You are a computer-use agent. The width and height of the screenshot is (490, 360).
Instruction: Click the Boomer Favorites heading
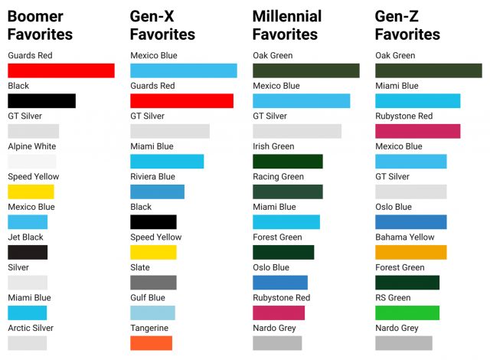tap(40, 25)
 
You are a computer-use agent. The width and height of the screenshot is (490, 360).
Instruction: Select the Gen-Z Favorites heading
tap(407, 25)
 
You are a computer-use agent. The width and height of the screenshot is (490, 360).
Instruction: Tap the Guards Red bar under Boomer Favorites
tap(60, 70)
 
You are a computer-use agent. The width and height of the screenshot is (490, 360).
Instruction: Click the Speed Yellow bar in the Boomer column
tap(31, 191)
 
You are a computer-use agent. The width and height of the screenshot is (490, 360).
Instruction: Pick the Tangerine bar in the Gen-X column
tap(151, 342)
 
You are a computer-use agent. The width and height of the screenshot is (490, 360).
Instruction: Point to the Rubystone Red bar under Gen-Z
tap(417, 131)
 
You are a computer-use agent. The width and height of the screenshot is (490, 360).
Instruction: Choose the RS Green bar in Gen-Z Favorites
tap(407, 313)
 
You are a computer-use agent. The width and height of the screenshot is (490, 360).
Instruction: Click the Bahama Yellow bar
tap(410, 252)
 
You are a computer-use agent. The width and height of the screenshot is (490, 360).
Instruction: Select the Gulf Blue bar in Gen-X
tap(152, 313)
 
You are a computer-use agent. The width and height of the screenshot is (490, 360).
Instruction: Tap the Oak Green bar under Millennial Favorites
tap(305, 70)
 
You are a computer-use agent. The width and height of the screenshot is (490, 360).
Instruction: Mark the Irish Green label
tap(273, 146)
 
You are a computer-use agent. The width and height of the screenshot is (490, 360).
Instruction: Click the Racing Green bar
tap(287, 191)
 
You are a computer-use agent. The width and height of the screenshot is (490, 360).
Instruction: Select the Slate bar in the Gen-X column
tap(153, 282)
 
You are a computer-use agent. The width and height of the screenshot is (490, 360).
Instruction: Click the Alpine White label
tap(31, 146)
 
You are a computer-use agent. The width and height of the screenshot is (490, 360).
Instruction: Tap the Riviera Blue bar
tap(157, 191)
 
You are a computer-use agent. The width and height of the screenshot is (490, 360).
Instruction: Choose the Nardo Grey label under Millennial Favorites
tap(274, 328)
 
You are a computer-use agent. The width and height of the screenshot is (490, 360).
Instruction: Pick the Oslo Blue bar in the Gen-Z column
tap(410, 221)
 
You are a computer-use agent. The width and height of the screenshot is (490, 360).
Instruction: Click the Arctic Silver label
tap(31, 328)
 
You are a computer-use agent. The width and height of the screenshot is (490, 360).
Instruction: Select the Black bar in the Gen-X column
tap(153, 221)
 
